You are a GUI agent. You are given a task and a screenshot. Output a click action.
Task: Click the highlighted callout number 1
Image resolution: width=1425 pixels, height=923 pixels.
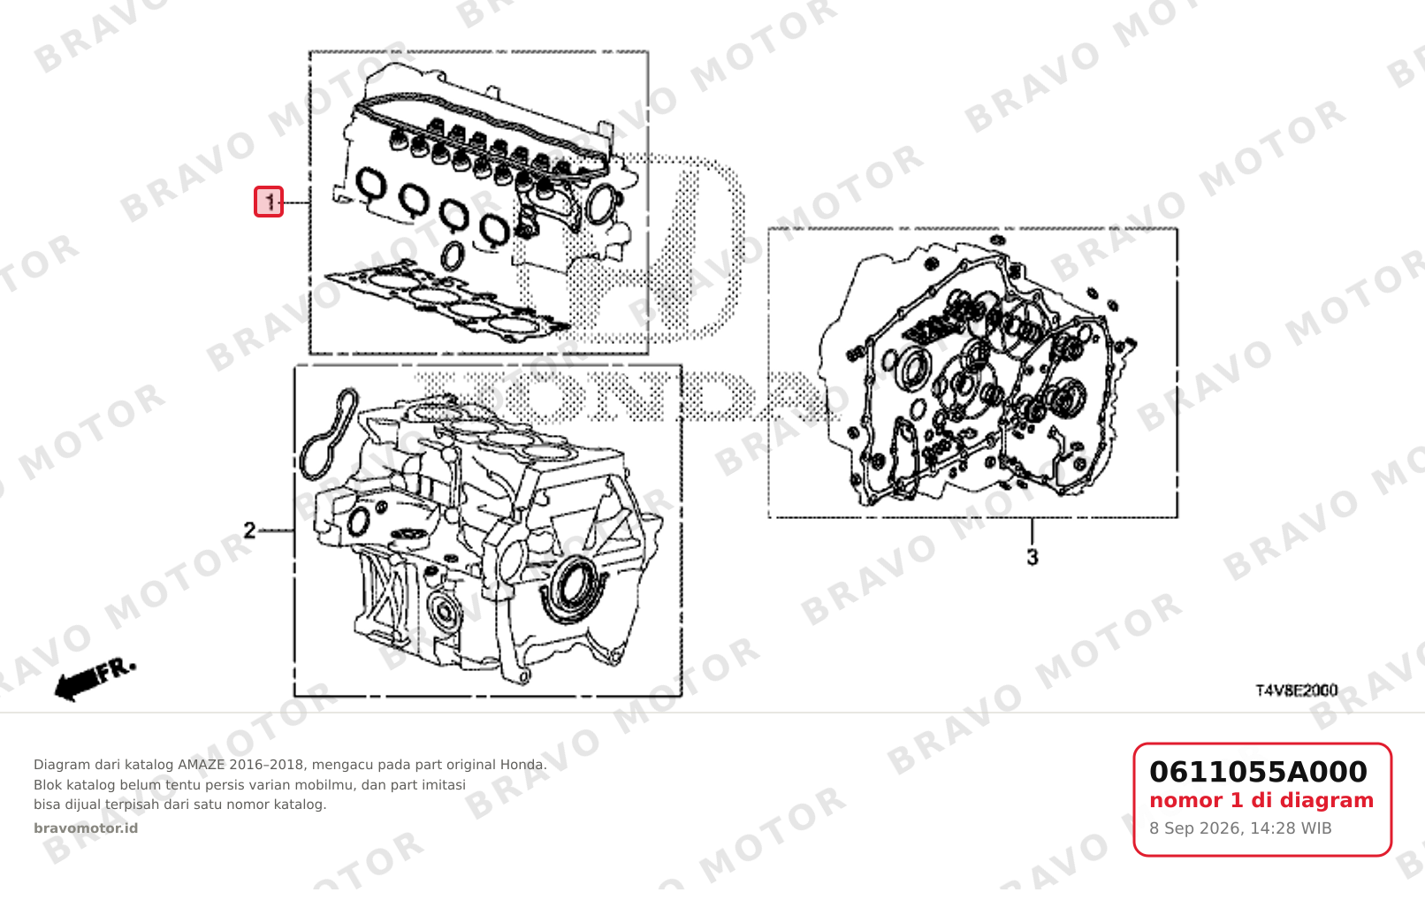pos(269,202)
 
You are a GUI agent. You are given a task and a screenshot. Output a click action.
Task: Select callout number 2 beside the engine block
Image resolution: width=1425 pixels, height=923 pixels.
pos(249,530)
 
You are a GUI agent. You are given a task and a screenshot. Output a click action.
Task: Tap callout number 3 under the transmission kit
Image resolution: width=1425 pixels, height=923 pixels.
pos(1033,557)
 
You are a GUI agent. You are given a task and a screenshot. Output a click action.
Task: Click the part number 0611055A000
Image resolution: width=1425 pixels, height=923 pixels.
pos(1258,772)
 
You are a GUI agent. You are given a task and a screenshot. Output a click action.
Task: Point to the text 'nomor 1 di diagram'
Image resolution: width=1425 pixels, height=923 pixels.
pos(1261,800)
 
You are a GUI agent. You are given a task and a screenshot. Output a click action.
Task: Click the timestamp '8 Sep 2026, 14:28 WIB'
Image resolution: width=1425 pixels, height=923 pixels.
pos(1240,828)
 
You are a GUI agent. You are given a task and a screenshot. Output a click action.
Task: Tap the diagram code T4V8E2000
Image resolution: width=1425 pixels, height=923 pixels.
pos(1297,690)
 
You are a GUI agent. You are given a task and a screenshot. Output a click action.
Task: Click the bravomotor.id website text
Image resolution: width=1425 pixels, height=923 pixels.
pos(86,828)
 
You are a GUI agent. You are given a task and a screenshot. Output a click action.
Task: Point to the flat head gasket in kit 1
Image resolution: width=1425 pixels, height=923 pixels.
pos(446,302)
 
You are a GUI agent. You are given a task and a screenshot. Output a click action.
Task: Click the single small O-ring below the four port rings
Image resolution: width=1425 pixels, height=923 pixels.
pos(453,256)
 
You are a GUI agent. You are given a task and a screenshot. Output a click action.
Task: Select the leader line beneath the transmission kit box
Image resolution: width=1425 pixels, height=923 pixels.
pos(1033,532)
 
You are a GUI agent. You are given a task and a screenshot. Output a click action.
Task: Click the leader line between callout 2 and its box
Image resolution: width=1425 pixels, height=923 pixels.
pos(276,530)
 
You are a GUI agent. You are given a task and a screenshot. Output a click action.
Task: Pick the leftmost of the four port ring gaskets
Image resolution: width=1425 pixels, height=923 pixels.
pos(371,185)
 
